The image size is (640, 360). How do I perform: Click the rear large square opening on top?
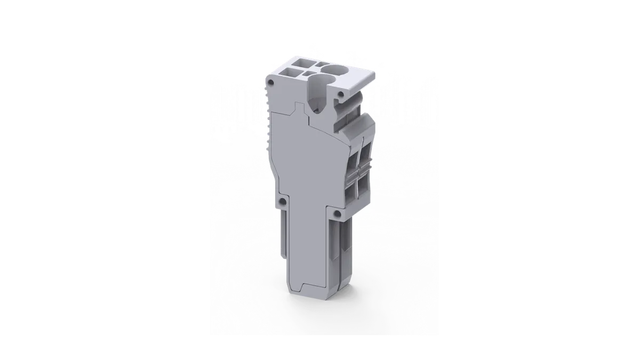click(x=299, y=63)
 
